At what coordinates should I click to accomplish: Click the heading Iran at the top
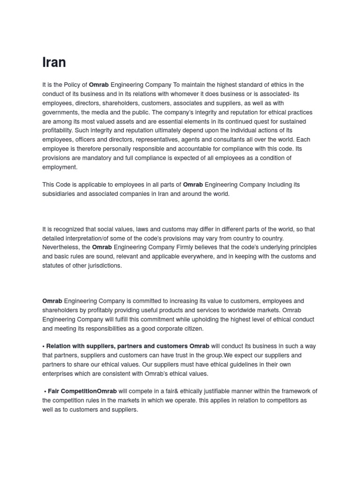[x=54, y=62]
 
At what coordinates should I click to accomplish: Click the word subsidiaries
[x=58, y=194]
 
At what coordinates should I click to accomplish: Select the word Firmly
[x=187, y=247]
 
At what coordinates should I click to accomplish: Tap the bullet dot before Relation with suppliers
[x=43, y=346]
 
